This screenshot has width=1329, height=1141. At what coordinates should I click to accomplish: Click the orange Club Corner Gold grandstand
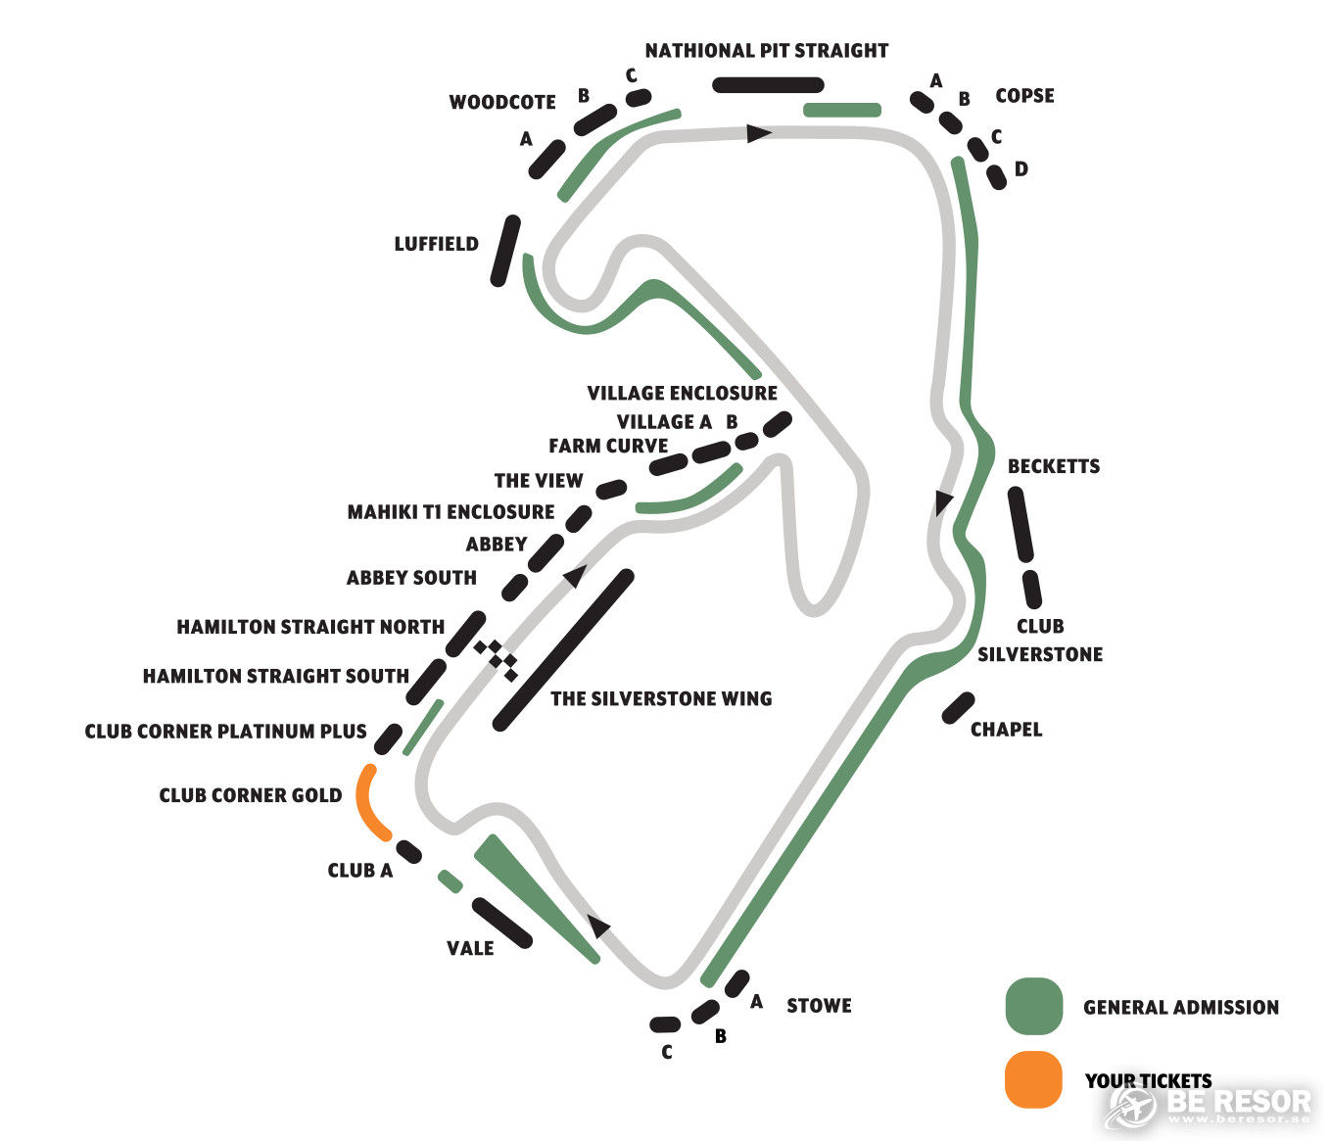[x=365, y=803]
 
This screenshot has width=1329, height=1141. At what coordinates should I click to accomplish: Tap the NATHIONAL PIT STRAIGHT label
[x=767, y=51]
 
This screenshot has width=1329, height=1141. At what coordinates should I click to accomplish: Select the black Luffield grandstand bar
[x=505, y=251]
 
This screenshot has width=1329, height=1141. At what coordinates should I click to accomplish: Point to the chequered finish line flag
[x=496, y=660]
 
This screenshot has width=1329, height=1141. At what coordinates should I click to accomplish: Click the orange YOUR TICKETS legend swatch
[x=1033, y=1080]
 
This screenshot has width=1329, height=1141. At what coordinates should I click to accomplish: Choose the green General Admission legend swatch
[x=1033, y=1007]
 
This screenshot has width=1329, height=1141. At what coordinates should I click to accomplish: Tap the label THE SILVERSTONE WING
[x=661, y=698]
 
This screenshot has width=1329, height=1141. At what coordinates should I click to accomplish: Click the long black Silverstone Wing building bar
[x=563, y=649]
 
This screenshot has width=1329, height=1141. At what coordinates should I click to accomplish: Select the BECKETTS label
[x=1053, y=466]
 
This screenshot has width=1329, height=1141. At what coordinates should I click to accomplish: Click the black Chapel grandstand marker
[x=958, y=707]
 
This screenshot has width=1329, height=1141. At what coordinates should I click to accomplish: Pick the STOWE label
[x=819, y=1005]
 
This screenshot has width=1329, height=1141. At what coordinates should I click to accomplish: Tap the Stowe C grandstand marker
[x=665, y=1023]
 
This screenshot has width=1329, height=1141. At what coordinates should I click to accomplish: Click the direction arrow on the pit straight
[x=758, y=133]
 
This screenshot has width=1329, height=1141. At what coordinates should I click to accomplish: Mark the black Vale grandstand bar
[x=502, y=923]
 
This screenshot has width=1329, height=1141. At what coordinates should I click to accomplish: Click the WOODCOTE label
[x=502, y=102]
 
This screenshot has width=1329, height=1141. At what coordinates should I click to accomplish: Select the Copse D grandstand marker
[x=997, y=177]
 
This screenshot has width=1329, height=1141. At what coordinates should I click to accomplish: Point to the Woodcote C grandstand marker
[x=639, y=98]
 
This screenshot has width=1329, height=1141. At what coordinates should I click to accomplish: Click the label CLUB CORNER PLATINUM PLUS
[x=225, y=732]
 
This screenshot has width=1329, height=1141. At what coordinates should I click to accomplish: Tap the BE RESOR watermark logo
[x=1208, y=1104]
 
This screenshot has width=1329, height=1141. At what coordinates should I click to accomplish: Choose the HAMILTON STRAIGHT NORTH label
[x=310, y=627]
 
